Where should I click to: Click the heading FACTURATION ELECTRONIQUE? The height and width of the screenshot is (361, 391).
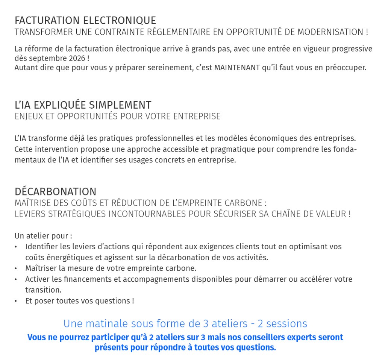point(85,20)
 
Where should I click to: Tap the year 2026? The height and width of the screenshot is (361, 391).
point(77,59)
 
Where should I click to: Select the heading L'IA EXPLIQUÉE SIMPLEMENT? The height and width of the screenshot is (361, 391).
point(83,105)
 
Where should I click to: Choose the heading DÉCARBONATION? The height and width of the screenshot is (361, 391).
point(55,192)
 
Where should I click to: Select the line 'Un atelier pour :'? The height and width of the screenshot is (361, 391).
point(43,236)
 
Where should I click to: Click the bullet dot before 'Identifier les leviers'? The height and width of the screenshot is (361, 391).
point(16,247)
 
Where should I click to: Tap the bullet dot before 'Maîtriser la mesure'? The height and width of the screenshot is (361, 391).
point(16,268)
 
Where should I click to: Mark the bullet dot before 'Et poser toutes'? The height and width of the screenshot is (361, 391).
point(16,301)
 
